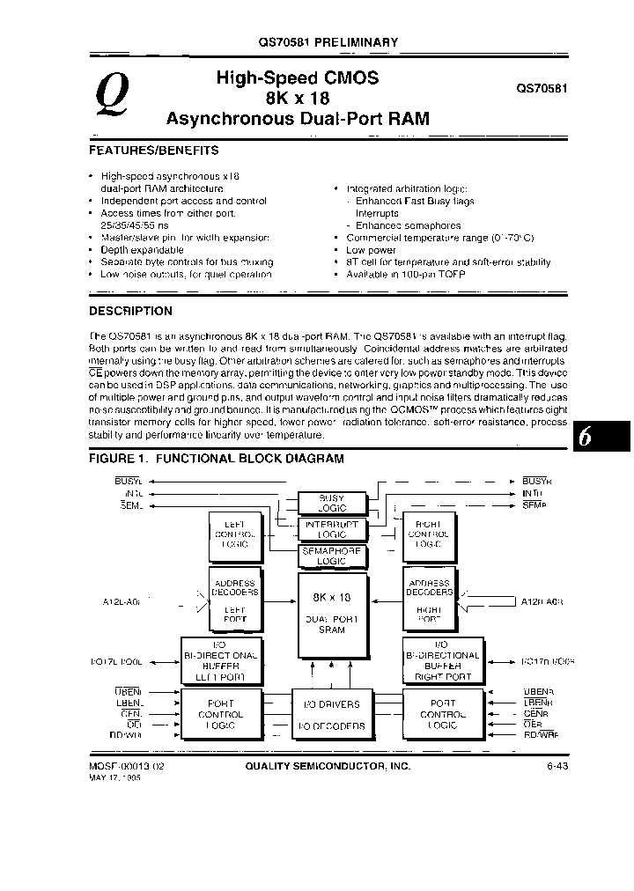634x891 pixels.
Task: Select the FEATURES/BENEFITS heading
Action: coord(154,151)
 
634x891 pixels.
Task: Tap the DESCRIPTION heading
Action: coord(131,311)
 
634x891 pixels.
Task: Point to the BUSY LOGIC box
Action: coord(331,503)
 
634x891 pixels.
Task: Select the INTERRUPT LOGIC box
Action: coord(331,529)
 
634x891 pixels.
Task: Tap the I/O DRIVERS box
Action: coord(331,705)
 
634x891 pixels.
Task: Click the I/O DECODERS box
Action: coord(331,726)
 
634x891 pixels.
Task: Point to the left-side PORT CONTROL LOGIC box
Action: coord(221,714)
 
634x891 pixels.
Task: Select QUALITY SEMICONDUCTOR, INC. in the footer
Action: coord(328,767)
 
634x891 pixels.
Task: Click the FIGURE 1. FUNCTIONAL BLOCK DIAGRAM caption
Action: coord(217,459)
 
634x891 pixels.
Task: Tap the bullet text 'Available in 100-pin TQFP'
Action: coord(406,274)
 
